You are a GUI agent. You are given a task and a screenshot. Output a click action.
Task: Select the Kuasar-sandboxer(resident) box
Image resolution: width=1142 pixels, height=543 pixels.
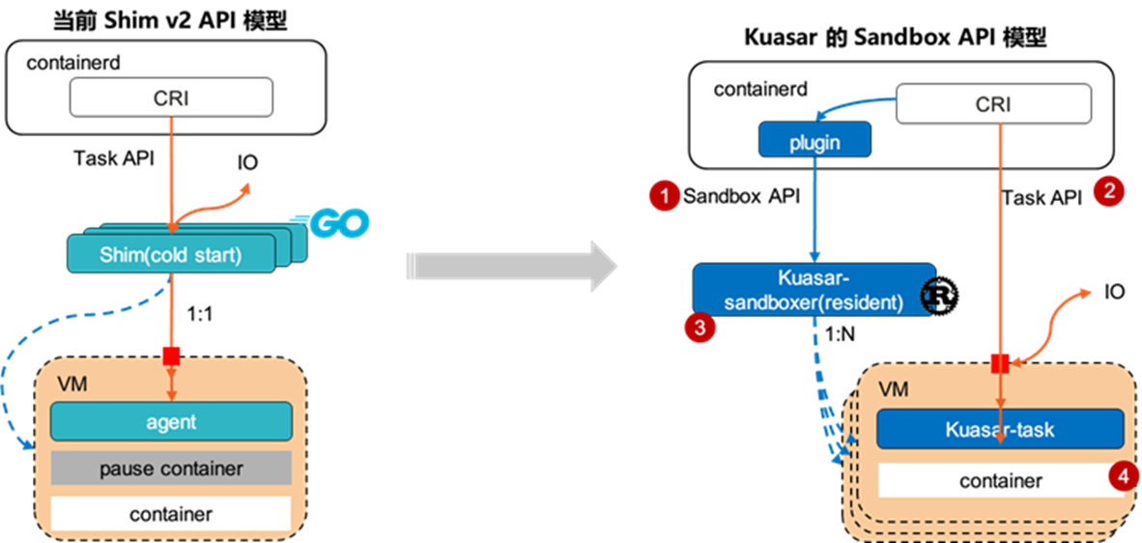click(x=814, y=289)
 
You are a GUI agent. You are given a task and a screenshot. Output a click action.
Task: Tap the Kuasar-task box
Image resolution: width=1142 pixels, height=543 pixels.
click(x=1000, y=429)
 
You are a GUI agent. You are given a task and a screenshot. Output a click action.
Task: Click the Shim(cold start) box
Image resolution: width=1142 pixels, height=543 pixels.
click(x=170, y=255)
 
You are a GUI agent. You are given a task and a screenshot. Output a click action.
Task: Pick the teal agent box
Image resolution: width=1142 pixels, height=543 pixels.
click(x=171, y=421)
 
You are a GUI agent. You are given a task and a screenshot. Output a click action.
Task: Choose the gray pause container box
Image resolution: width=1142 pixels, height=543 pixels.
click(x=171, y=469)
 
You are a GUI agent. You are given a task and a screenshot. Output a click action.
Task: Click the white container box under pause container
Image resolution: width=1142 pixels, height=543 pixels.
click(x=171, y=513)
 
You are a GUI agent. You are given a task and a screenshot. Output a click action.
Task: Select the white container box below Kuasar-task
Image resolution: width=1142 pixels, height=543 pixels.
click(x=1000, y=480)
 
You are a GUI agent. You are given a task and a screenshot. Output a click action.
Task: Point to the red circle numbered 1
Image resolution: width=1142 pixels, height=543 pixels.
click(x=665, y=196)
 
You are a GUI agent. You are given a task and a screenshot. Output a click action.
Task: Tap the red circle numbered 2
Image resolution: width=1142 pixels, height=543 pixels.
click(x=1108, y=191)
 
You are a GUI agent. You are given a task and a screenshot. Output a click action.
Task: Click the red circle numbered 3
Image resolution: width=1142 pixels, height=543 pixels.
click(x=699, y=328)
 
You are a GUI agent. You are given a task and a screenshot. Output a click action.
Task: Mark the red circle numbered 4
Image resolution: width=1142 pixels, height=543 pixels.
click(x=1122, y=475)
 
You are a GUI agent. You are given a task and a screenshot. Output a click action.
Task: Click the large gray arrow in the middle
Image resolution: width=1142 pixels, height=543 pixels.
click(x=511, y=266)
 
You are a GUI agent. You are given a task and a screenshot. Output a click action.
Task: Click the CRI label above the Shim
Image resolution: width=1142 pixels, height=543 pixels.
click(x=171, y=99)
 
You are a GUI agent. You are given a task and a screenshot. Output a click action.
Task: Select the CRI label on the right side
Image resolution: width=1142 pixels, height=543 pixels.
click(x=993, y=103)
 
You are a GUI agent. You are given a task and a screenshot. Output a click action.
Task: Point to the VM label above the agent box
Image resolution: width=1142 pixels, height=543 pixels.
click(x=71, y=385)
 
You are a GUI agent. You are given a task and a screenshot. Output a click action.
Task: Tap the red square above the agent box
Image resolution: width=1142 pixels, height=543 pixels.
click(x=171, y=357)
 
